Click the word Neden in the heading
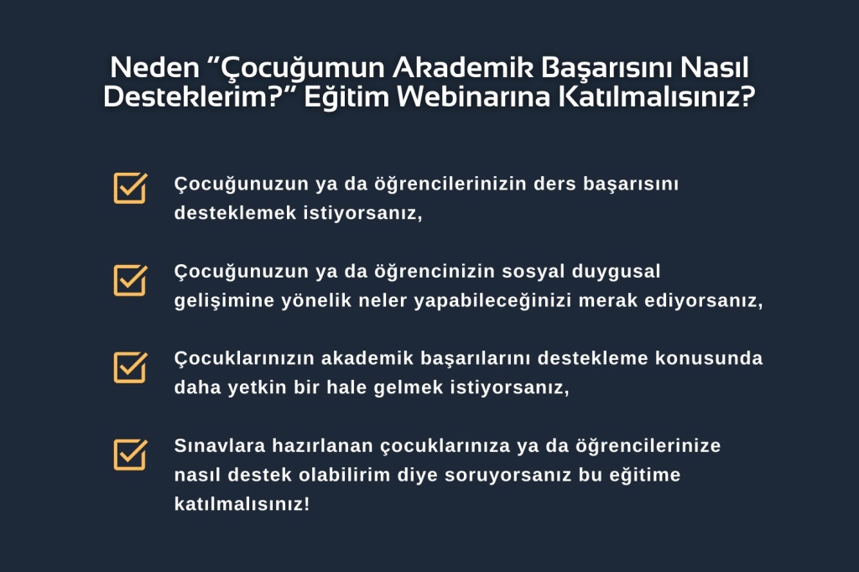pos(154,68)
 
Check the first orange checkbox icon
pos(130,188)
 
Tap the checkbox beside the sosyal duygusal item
pos(130,280)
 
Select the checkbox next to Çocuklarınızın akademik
pos(130,367)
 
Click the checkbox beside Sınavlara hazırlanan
pos(130,455)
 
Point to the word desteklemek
pos(236,212)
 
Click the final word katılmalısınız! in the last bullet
pos(242,504)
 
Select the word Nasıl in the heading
pos(715,68)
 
